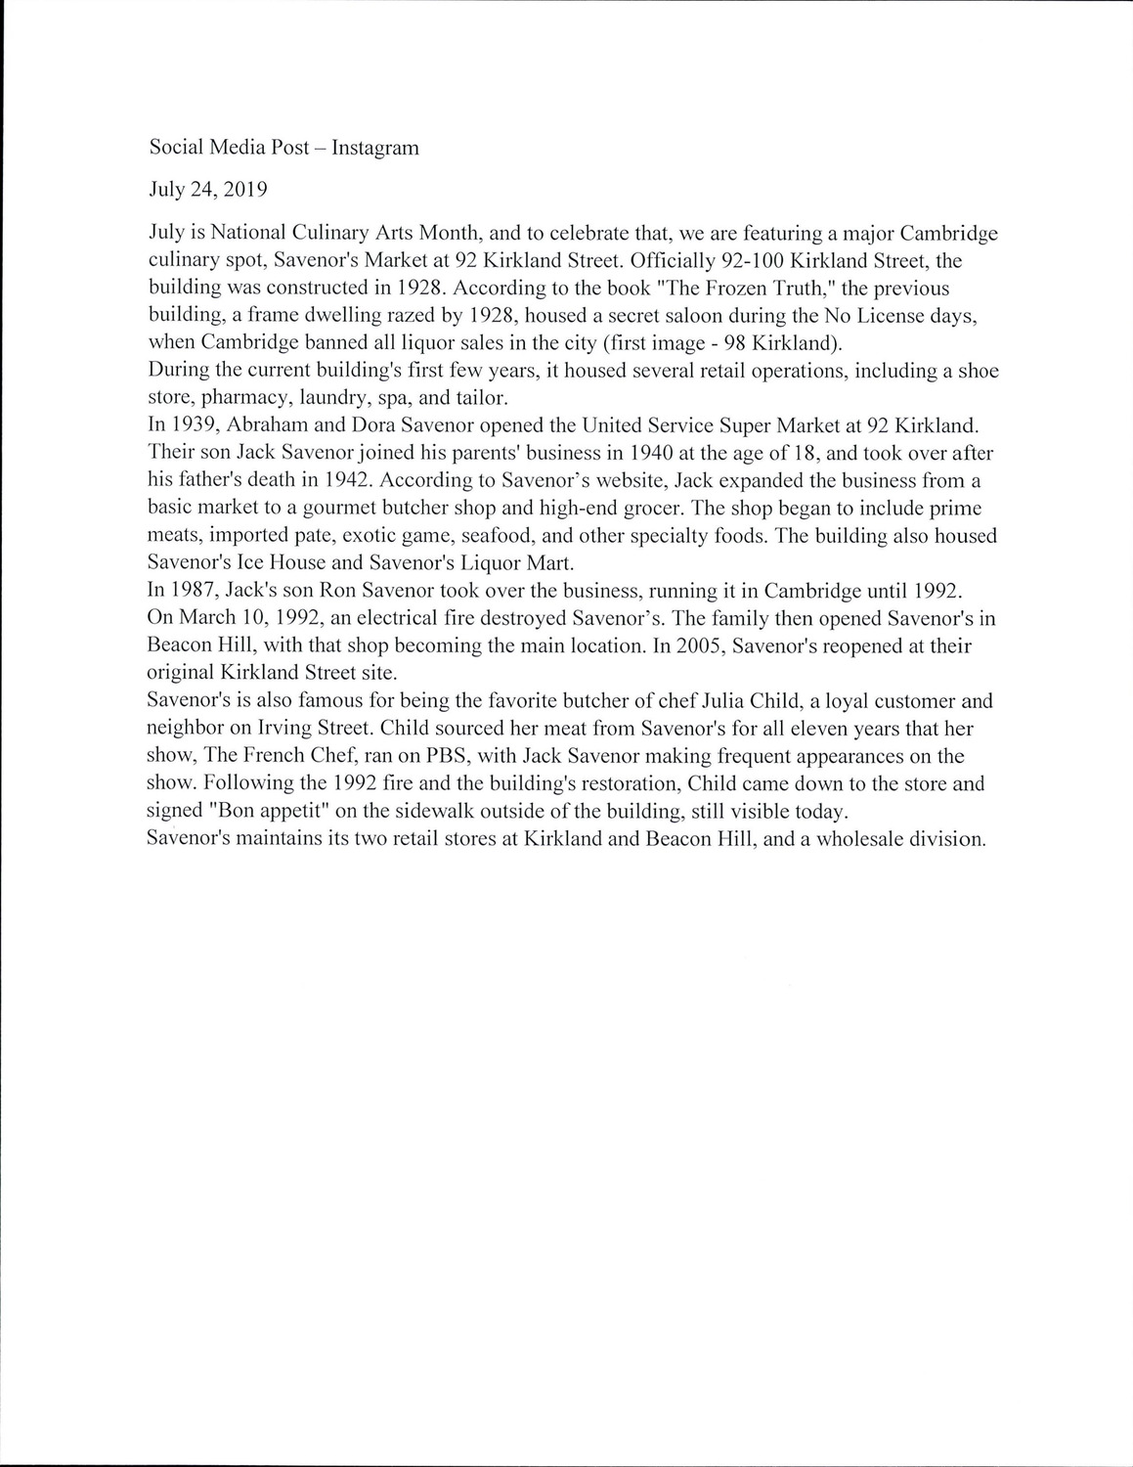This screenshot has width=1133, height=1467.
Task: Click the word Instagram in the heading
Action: point(375,148)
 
